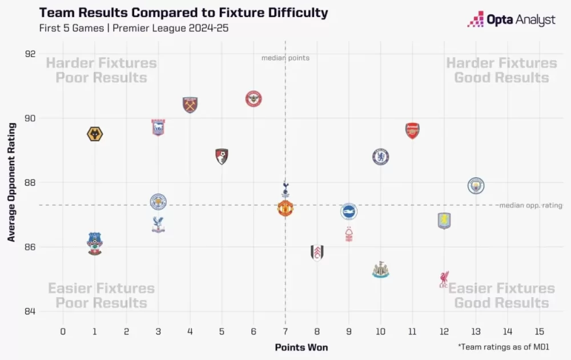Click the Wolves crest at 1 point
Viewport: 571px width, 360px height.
click(95, 134)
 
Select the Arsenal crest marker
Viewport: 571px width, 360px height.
click(412, 131)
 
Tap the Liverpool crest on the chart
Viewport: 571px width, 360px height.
click(444, 279)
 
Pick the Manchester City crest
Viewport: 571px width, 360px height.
click(476, 186)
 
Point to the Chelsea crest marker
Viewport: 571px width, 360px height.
click(381, 157)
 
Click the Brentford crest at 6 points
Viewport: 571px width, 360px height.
click(254, 99)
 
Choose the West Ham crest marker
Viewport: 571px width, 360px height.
click(190, 105)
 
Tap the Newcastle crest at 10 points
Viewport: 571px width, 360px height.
click(380, 270)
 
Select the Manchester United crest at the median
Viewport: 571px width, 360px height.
click(285, 209)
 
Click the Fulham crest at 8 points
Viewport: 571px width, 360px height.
click(317, 253)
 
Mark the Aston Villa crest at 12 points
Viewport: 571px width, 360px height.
click(444, 221)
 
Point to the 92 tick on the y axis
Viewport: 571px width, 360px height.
click(30, 54)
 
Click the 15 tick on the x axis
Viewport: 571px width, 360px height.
click(540, 331)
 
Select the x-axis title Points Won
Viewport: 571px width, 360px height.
click(301, 347)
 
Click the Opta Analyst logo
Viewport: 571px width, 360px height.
click(511, 20)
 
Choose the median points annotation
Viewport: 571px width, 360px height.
click(285, 58)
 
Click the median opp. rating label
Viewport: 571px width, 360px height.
click(530, 205)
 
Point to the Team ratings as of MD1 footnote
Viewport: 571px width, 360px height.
click(505, 346)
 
